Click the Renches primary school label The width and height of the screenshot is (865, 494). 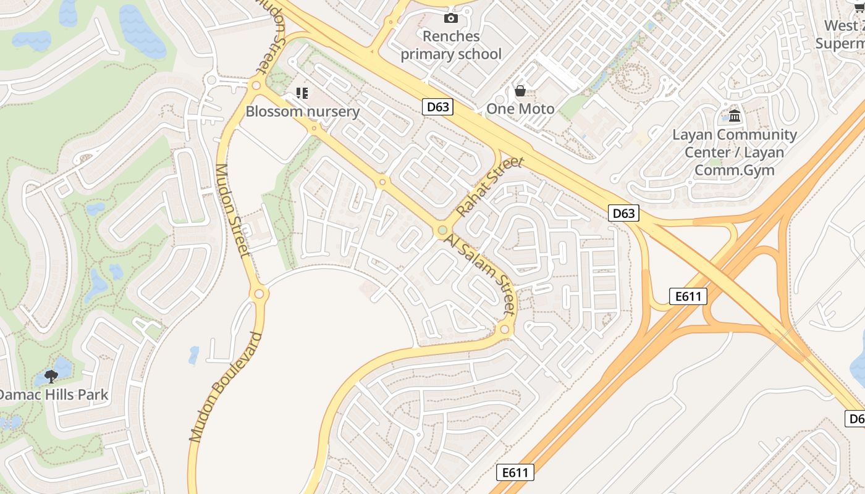[451, 45]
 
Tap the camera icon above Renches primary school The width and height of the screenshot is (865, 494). [451, 18]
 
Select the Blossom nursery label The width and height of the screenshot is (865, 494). [302, 111]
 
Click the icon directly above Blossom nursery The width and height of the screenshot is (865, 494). [302, 93]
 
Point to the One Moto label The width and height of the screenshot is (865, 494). [520, 109]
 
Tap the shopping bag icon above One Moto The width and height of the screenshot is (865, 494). [520, 91]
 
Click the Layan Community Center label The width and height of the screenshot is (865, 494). [735, 152]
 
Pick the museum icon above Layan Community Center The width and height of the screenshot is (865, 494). [735, 115]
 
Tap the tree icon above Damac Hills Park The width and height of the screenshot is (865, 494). [51, 376]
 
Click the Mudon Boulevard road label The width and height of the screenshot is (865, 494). [226, 387]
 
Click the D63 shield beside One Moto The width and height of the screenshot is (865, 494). [438, 107]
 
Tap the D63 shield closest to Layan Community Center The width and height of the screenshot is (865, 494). [623, 214]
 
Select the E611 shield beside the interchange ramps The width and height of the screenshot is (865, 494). [688, 296]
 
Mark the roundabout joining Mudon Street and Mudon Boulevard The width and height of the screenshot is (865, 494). [259, 294]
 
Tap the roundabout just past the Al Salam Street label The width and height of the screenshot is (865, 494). [505, 330]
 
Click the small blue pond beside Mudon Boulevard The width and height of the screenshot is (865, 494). [194, 354]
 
